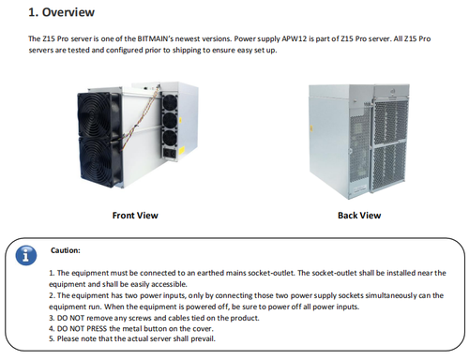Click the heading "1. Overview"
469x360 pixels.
click(61, 12)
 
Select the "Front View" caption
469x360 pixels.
click(135, 216)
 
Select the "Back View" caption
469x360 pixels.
click(359, 216)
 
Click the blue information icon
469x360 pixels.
click(26, 255)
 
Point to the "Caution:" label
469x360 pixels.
click(66, 250)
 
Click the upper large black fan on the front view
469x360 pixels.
click(98, 115)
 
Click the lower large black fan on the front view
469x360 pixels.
click(99, 162)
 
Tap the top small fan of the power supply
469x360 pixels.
click(170, 102)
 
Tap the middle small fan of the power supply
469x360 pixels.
click(171, 120)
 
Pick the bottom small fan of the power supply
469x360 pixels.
click(171, 138)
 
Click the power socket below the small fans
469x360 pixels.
click(170, 154)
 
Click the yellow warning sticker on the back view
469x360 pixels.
click(311, 129)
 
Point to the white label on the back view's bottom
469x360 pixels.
click(360, 188)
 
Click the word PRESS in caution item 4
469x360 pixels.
click(97, 328)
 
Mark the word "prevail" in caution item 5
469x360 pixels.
click(203, 338)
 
